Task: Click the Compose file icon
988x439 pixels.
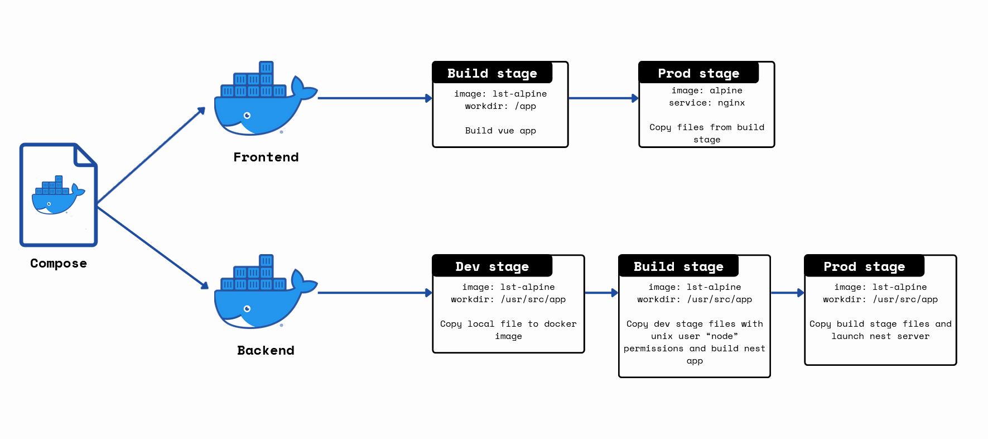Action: pos(59,195)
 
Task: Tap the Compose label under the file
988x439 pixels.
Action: pos(59,264)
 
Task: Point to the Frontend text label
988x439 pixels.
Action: pos(266,158)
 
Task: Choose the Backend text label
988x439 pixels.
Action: pos(266,351)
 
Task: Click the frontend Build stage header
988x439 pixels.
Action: pos(492,73)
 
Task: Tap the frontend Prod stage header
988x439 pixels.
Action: pos(698,73)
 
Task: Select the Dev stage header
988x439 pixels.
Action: pos(492,266)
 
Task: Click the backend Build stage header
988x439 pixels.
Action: pos(678,266)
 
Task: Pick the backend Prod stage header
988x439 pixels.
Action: pos(864,266)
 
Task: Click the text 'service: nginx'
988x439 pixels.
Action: pos(707,103)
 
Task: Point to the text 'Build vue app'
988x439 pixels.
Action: pos(500,131)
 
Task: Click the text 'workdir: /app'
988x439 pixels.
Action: pos(500,106)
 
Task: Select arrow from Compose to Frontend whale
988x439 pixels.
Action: pos(151,155)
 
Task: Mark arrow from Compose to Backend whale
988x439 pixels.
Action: pos(152,247)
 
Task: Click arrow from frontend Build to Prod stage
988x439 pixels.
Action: pos(603,98)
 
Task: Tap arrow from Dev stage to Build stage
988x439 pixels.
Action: pos(601,293)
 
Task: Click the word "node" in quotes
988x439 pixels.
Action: pos(722,336)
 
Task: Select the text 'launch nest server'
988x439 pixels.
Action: pos(880,336)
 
